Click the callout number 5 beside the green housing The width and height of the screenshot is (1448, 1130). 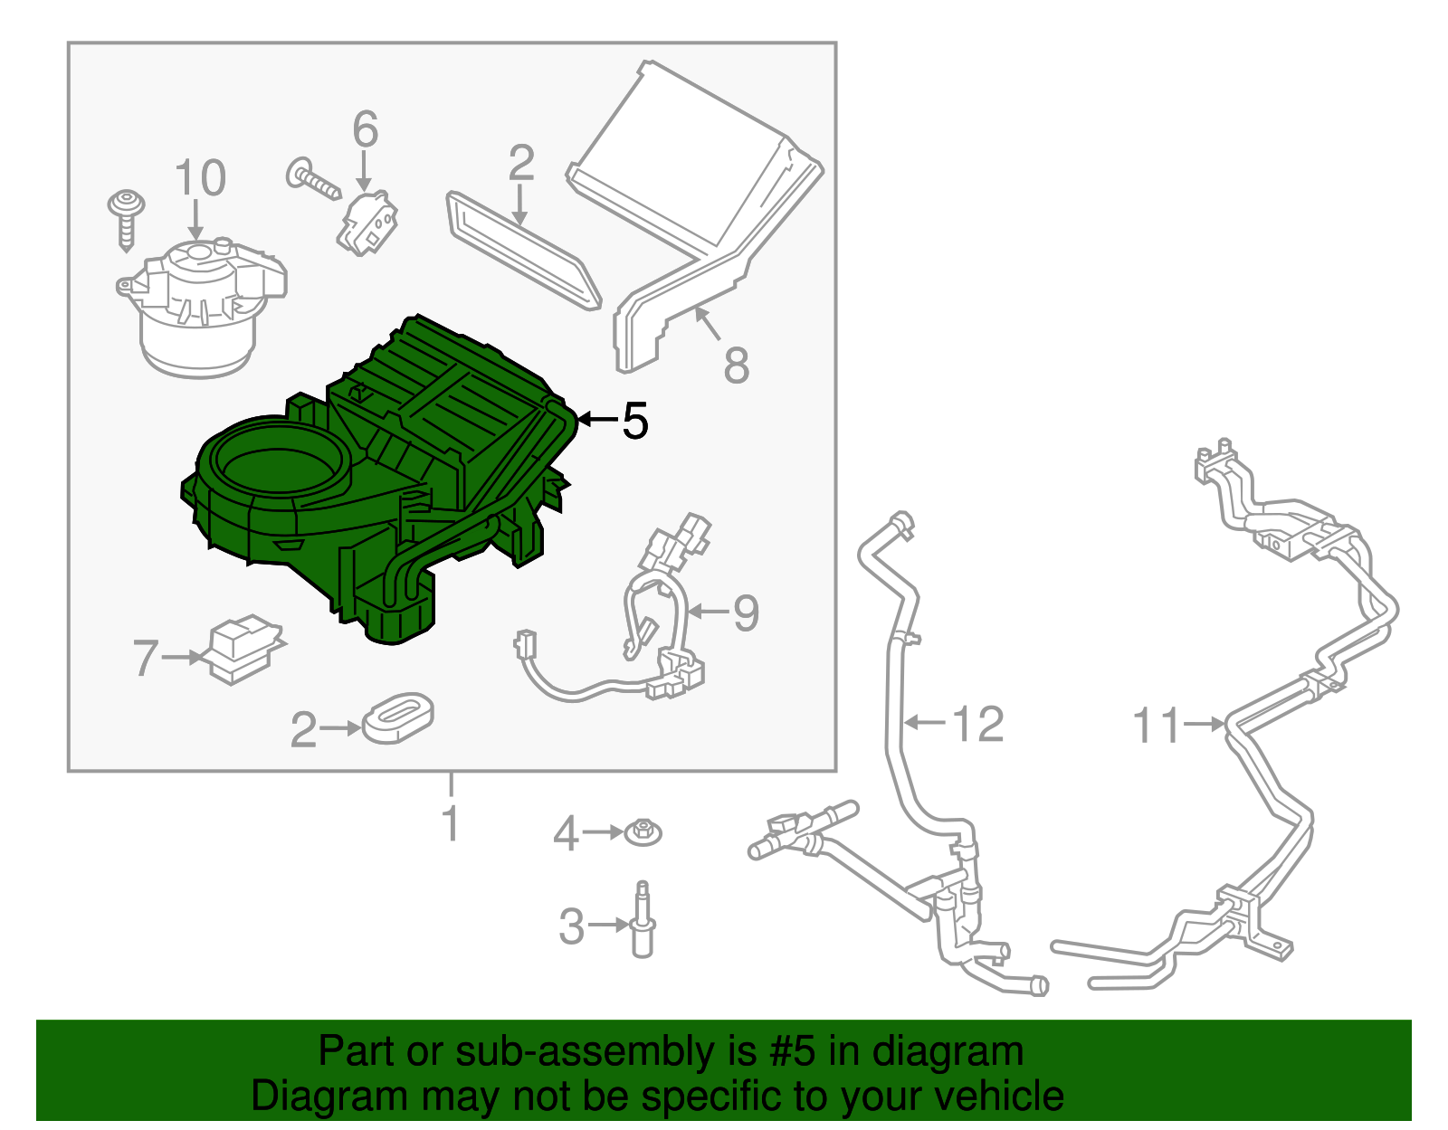(634, 420)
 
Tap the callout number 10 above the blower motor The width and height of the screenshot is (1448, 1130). (200, 178)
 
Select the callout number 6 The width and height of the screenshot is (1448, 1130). (365, 129)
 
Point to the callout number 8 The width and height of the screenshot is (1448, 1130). (737, 365)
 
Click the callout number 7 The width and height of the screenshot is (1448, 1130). (146, 657)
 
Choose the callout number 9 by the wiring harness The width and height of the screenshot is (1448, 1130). (746, 612)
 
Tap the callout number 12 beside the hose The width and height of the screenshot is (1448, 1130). (979, 724)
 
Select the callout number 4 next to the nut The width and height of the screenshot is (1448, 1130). (566, 834)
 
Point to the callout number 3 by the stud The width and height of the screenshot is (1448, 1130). (571, 926)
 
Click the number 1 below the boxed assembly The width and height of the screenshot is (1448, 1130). (451, 823)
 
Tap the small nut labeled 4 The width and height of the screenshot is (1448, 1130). (643, 832)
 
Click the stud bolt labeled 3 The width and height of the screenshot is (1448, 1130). (643, 919)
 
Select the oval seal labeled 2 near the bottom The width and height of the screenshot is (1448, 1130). (398, 717)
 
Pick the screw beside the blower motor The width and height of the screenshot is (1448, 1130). (126, 221)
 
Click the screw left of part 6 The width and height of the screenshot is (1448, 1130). (313, 178)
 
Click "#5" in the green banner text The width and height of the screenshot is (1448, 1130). (791, 1050)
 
